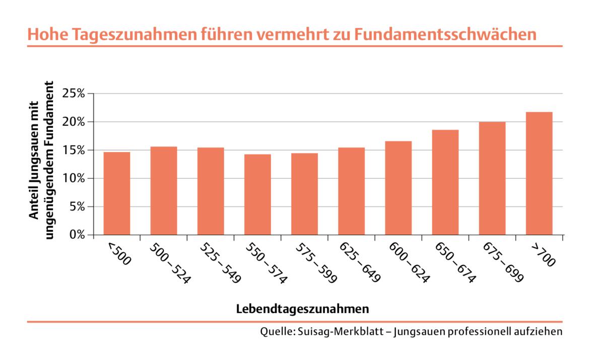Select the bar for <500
117,193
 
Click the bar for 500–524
164,191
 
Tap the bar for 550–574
257,194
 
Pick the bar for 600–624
398,188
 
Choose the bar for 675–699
492,178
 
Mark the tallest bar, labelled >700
539,173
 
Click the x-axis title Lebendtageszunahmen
302,309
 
